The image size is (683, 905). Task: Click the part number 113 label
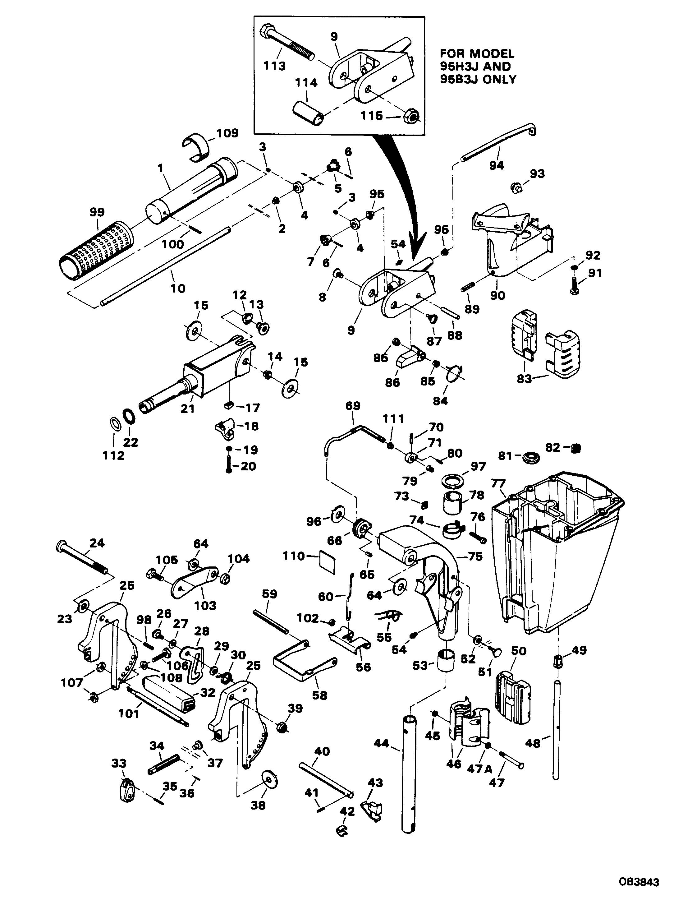click(274, 66)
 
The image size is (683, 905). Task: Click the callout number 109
click(228, 133)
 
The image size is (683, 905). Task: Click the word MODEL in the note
click(490, 53)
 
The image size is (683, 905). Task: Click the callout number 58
click(319, 695)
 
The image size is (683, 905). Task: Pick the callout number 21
click(188, 408)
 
